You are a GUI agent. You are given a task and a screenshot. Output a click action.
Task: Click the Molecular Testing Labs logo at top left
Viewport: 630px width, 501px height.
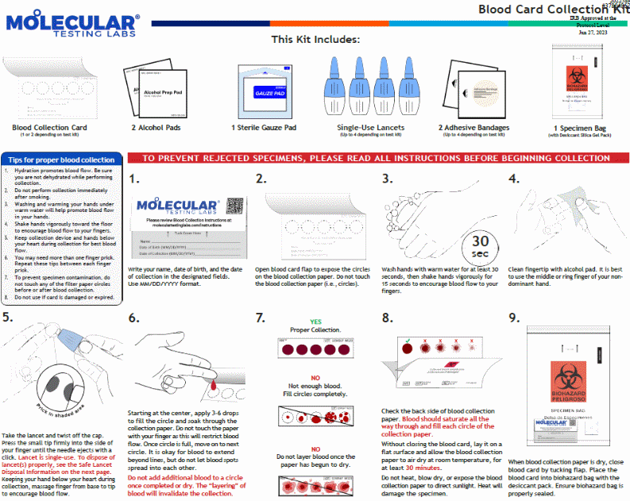73,25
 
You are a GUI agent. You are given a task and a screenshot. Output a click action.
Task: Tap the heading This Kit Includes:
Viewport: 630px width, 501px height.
315,39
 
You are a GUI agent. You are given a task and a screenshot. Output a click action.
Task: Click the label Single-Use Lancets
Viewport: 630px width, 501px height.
370,127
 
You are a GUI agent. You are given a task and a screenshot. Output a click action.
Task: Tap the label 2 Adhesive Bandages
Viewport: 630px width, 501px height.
474,127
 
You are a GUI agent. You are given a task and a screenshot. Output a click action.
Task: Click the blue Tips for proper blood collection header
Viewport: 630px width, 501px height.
62,160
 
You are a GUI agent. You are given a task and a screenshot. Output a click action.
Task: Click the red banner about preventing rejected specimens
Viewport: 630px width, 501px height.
377,158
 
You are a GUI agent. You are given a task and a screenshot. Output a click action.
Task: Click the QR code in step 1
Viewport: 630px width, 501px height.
234,204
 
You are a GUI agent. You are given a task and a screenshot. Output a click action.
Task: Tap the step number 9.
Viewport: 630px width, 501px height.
515,318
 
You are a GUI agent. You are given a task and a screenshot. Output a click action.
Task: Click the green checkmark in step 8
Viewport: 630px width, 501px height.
407,345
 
